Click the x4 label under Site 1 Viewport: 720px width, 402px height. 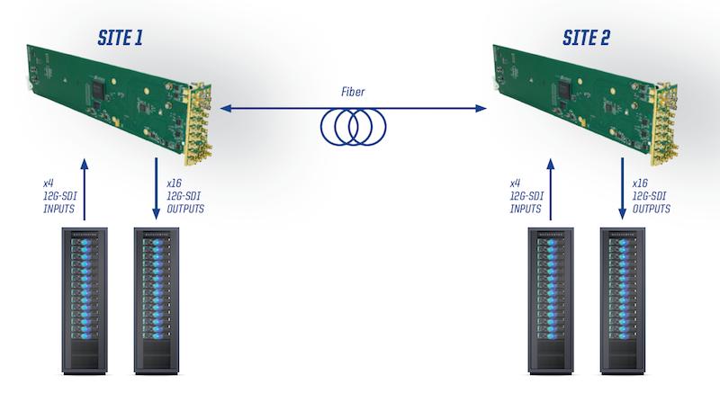tap(49, 182)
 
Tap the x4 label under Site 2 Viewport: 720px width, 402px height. tap(516, 182)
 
